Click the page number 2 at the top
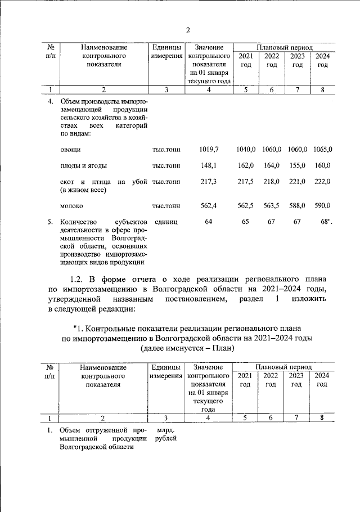click(x=188, y=30)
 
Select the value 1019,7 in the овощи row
click(x=208, y=149)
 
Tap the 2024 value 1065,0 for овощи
click(x=323, y=149)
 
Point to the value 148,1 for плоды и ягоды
click(x=208, y=165)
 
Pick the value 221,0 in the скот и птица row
click(x=297, y=182)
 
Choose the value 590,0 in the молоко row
click(x=322, y=206)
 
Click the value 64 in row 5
click(x=208, y=222)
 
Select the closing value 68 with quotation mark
click(x=324, y=222)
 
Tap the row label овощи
click(x=70, y=149)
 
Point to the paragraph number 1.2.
click(x=78, y=279)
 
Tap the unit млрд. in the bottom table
click(x=165, y=430)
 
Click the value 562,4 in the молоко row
click(x=208, y=206)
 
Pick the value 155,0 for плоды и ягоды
click(x=297, y=165)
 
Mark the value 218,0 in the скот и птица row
click(x=271, y=182)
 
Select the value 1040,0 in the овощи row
click(x=246, y=149)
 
